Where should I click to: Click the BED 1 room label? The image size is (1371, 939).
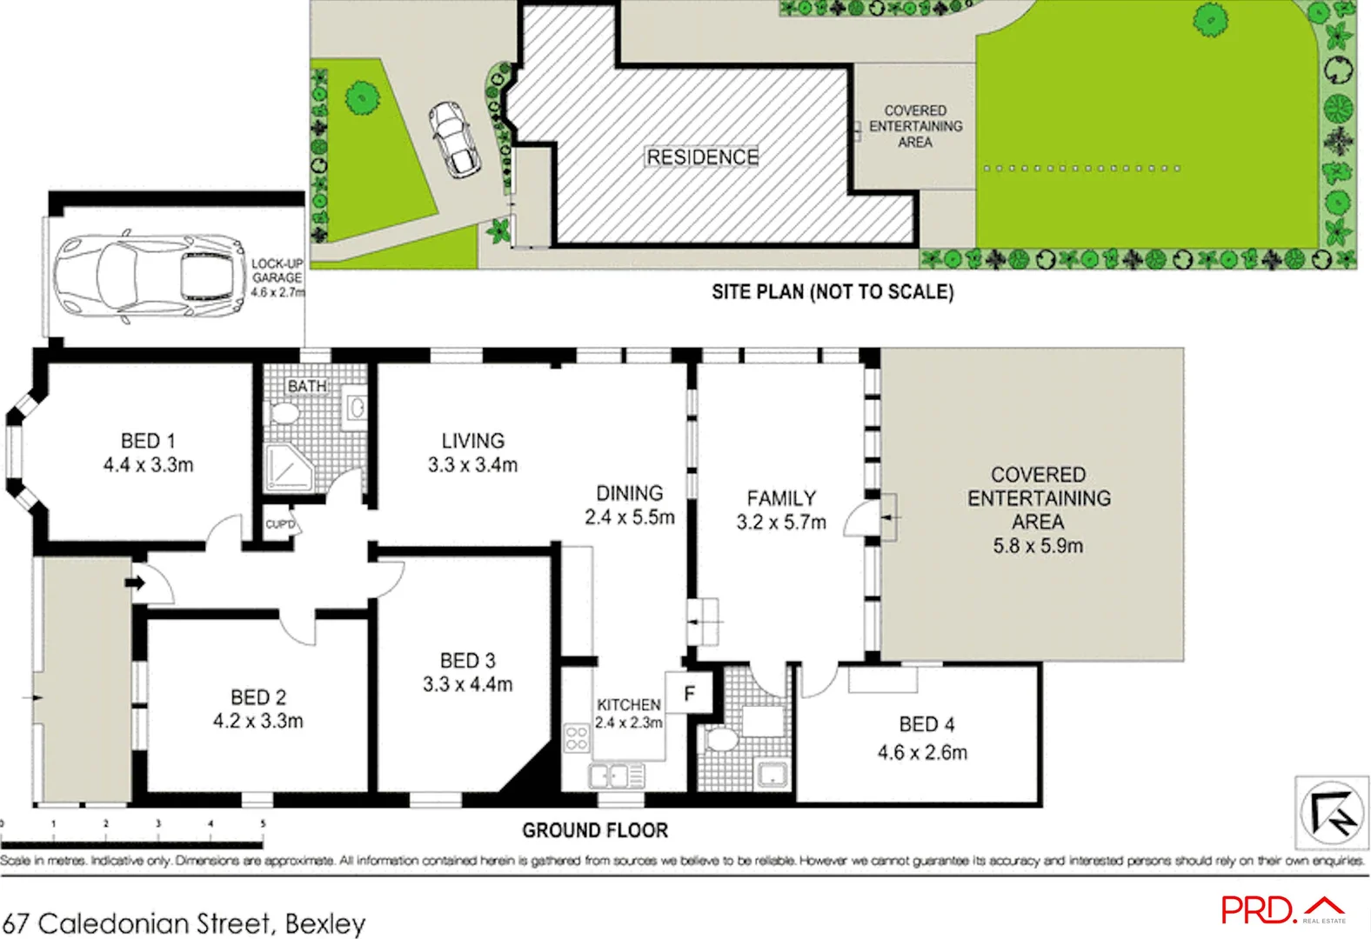[148, 441]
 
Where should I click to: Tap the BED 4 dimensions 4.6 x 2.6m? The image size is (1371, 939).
[922, 752]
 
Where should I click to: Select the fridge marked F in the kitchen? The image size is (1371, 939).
[689, 693]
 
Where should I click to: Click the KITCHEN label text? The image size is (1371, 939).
[628, 704]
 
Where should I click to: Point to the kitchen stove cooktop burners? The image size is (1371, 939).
[576, 739]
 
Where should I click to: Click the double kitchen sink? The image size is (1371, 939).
[617, 775]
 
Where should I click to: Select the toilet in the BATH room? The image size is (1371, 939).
[284, 412]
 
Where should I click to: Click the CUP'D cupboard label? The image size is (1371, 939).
[280, 524]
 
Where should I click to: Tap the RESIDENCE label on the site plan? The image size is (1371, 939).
[702, 157]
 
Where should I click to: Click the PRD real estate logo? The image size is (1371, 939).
[1282, 909]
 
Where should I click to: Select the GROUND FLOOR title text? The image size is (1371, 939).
[595, 830]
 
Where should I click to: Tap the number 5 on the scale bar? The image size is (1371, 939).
[263, 823]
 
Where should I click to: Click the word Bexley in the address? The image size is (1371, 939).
[325, 922]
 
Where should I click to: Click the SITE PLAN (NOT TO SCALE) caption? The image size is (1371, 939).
[833, 292]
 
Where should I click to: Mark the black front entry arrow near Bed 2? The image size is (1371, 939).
[135, 583]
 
